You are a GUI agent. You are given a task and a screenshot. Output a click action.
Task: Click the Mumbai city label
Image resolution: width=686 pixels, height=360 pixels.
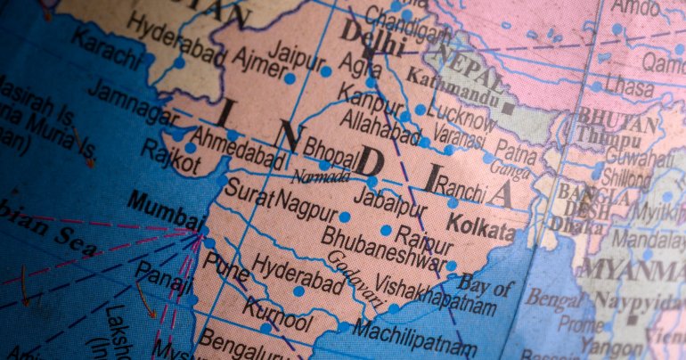[166, 210]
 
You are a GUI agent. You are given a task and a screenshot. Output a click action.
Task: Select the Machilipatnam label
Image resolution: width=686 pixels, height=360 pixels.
[411, 340]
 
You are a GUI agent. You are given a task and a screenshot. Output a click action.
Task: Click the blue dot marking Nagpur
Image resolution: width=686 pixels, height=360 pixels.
[344, 217]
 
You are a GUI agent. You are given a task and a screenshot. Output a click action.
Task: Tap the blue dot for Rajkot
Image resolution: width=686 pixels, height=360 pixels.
[190, 148]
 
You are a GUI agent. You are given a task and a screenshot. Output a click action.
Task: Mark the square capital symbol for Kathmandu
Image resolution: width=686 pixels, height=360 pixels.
[508, 108]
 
